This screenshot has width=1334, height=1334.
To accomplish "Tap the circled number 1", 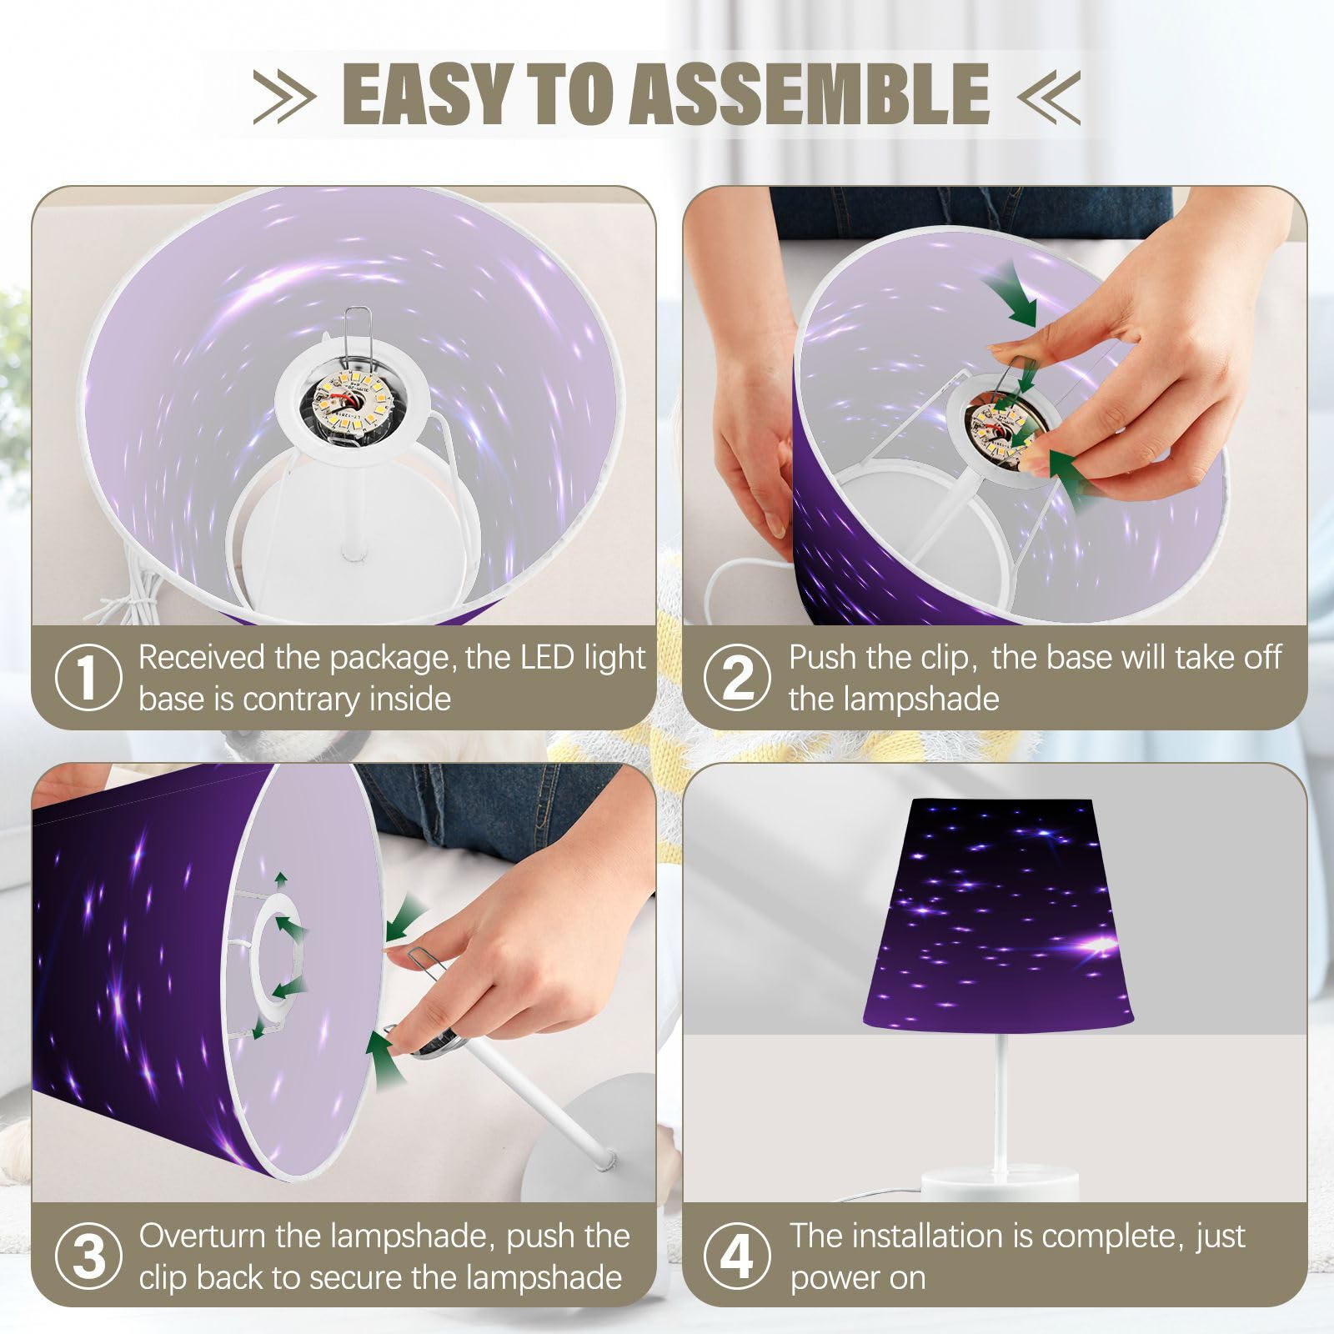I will [x=88, y=677].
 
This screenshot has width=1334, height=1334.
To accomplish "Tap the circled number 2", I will [x=738, y=677].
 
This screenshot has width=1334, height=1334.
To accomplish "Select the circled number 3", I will [x=88, y=1256].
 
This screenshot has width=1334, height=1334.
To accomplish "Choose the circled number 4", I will [x=738, y=1256].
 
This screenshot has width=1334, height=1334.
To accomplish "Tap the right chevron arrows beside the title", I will [x=1049, y=96].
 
